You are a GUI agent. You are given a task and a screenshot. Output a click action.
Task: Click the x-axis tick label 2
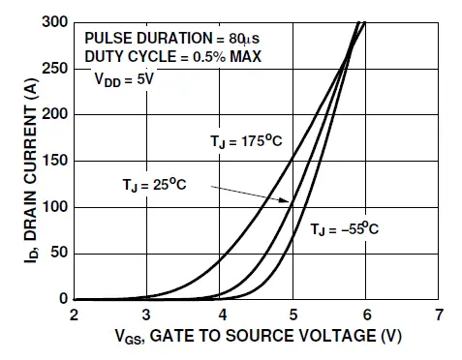(74, 315)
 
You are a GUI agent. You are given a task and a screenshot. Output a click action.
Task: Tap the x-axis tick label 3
(147, 315)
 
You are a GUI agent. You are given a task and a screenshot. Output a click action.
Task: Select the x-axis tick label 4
(220, 315)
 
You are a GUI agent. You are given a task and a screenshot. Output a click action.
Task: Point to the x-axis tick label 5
(293, 315)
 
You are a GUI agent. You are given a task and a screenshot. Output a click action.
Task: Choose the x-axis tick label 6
(366, 315)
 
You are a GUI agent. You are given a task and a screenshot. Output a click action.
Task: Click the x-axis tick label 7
(439, 315)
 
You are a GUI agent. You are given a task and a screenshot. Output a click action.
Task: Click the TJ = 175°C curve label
(246, 140)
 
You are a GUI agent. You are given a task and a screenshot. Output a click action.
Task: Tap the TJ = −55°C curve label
(345, 229)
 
